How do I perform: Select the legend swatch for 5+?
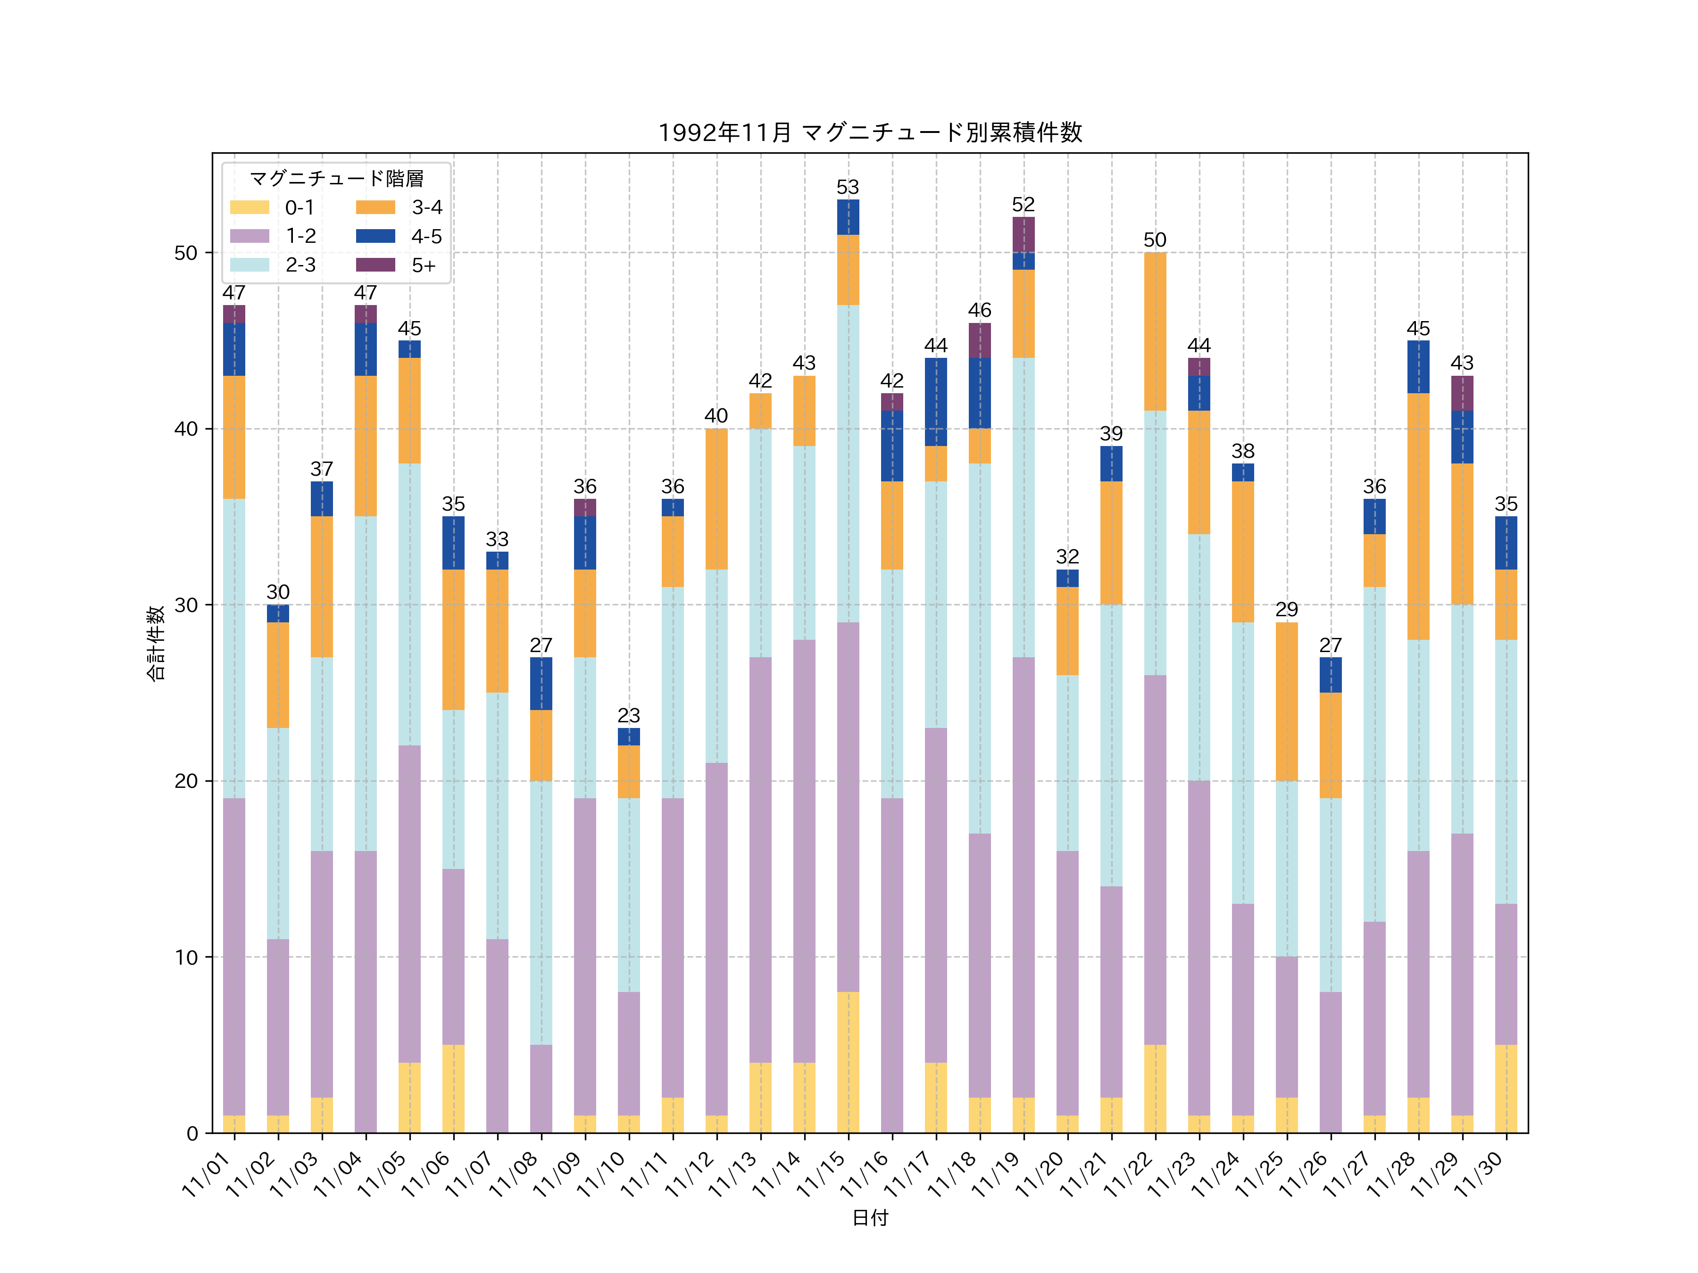click(375, 265)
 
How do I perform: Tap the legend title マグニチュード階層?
click(336, 179)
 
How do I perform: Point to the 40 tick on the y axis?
click(186, 429)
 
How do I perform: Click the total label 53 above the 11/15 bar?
click(848, 187)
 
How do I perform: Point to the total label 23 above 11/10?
click(629, 715)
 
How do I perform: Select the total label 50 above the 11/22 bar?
click(1155, 240)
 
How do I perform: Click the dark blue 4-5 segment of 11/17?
click(936, 402)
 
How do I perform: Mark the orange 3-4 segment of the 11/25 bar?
click(1287, 702)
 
